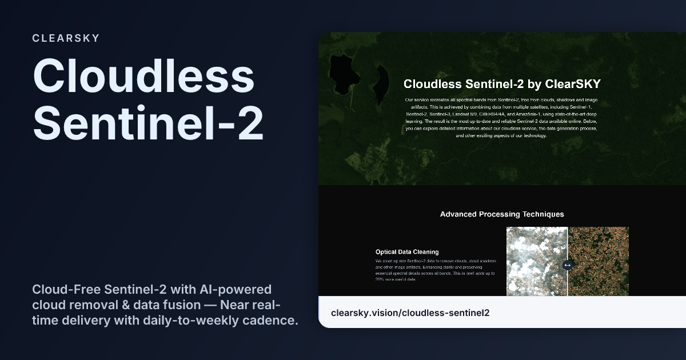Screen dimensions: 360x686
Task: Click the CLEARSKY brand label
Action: [66, 38]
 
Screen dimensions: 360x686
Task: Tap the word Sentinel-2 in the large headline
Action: [148, 124]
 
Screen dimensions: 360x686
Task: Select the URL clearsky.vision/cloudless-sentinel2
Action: [410, 313]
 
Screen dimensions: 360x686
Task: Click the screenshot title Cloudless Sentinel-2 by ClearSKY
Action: [502, 84]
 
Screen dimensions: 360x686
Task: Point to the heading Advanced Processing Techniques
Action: [502, 214]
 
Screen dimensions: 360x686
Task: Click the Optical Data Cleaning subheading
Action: [407, 251]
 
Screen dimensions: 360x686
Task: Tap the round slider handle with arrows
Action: [567, 265]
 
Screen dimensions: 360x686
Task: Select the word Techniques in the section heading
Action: [541, 214]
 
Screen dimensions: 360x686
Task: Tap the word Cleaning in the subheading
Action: [424, 251]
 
